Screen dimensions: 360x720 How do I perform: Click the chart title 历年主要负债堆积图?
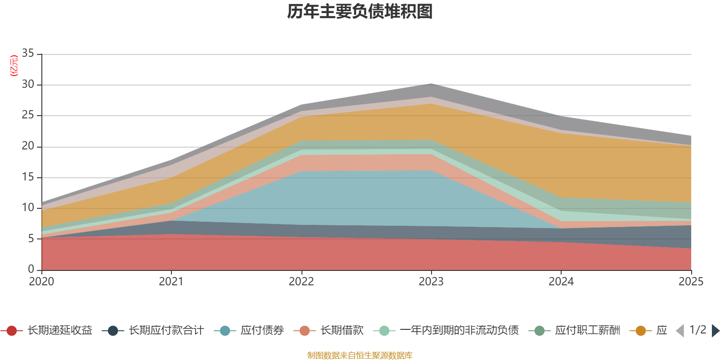[x=360, y=12]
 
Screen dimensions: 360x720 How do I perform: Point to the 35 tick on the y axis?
[x=28, y=54]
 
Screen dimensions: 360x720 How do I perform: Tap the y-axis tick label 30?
[x=28, y=85]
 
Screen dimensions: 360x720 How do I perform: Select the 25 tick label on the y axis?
[x=28, y=115]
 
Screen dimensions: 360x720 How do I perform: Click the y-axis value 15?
[x=28, y=177]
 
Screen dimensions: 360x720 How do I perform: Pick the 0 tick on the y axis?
[x=31, y=270]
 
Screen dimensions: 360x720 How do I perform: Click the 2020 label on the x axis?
[x=41, y=282]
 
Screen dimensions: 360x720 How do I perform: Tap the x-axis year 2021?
[x=171, y=282]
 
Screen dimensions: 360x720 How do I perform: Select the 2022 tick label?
[x=301, y=282]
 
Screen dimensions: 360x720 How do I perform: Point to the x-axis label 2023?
[x=431, y=282]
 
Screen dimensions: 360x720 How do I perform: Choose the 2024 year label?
[x=561, y=282]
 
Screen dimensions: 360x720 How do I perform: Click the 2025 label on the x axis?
[x=690, y=282]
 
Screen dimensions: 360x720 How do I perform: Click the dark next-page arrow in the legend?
[x=715, y=331]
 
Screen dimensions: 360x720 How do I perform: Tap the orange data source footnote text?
[x=360, y=355]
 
